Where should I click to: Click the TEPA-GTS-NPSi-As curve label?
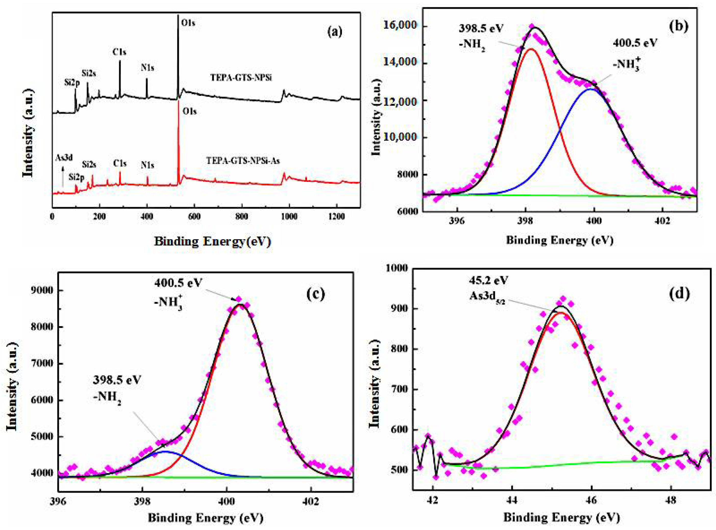coord(243,160)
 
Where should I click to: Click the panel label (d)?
coord(680,294)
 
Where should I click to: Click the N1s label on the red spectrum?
coord(147,165)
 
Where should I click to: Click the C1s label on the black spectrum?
coord(120,52)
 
